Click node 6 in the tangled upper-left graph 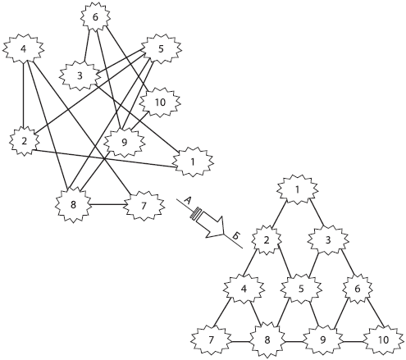click(x=95, y=17)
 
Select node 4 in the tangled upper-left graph click(x=24, y=49)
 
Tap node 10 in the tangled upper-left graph click(x=160, y=103)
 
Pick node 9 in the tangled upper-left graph click(x=124, y=142)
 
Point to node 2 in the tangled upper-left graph click(x=24, y=141)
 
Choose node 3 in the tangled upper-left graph click(x=80, y=75)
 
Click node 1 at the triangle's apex click(x=298, y=189)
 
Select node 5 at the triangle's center click(x=301, y=289)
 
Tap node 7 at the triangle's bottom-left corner click(x=211, y=340)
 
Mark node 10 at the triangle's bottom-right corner click(x=383, y=340)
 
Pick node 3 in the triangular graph click(x=328, y=240)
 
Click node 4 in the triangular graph click(x=244, y=289)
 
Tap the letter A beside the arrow click(x=187, y=201)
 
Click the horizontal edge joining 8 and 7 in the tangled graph click(x=107, y=204)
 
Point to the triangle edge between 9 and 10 click(x=353, y=341)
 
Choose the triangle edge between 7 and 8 click(x=240, y=341)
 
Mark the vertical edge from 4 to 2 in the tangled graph click(x=24, y=94)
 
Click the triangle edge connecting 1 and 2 click(x=279, y=214)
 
